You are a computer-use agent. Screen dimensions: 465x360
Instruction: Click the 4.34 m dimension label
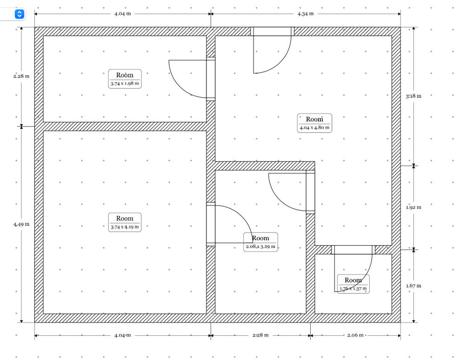tap(306, 13)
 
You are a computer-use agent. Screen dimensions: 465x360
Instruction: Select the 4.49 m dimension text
tap(21, 224)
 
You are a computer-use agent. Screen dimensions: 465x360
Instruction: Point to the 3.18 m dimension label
tap(413, 96)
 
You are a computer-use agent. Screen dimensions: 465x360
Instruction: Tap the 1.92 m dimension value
tap(413, 207)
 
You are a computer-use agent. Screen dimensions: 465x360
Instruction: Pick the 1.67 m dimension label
tap(413, 286)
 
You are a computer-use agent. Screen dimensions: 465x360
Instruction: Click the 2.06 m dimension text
tap(355, 335)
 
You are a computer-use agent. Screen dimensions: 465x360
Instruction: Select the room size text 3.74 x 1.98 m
tap(125, 83)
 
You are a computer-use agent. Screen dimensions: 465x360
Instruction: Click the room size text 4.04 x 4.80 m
tap(314, 127)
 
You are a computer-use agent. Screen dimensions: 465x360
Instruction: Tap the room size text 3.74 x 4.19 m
tap(125, 227)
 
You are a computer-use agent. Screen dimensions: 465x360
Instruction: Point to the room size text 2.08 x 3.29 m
tap(260, 247)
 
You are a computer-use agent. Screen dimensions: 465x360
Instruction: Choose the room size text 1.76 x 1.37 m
tap(353, 288)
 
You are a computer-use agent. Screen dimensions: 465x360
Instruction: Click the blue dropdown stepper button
tap(19, 14)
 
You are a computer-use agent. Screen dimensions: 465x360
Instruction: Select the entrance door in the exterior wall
tap(272, 32)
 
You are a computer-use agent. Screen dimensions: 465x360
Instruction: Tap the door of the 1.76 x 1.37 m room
tap(353, 250)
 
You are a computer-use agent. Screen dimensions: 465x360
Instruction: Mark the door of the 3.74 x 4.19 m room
tap(211, 224)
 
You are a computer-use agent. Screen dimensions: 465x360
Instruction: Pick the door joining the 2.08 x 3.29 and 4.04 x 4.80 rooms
tap(310, 192)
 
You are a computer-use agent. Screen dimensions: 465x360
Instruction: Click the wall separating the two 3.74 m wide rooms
tap(125, 127)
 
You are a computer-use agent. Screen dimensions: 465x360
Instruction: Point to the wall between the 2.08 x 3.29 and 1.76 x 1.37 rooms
tap(310, 284)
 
